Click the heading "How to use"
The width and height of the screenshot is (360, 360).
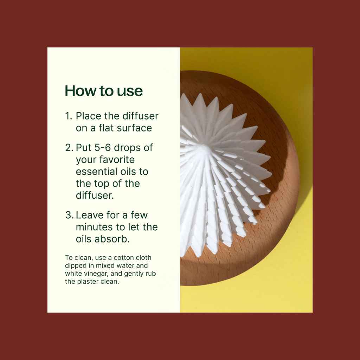[104, 91]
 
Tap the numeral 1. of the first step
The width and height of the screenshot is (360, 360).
[69, 116]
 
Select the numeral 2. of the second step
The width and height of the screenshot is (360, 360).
[69, 148]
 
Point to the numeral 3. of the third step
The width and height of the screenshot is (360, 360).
[70, 215]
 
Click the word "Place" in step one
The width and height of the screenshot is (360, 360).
[88, 116]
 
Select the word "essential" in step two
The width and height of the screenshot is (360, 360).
[93, 172]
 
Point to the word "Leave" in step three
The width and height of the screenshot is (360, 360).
[89, 215]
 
